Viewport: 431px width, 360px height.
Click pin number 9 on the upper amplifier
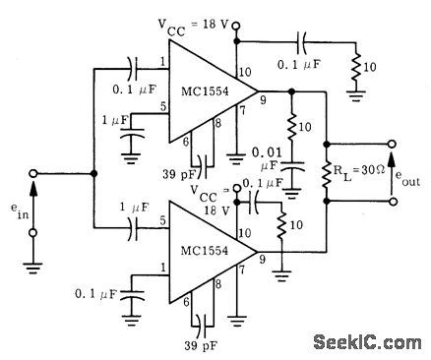pyautogui.click(x=261, y=98)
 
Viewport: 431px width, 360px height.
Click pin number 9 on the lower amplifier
pyautogui.click(x=261, y=260)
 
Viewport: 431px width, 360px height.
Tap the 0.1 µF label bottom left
pyautogui.click(x=95, y=292)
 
